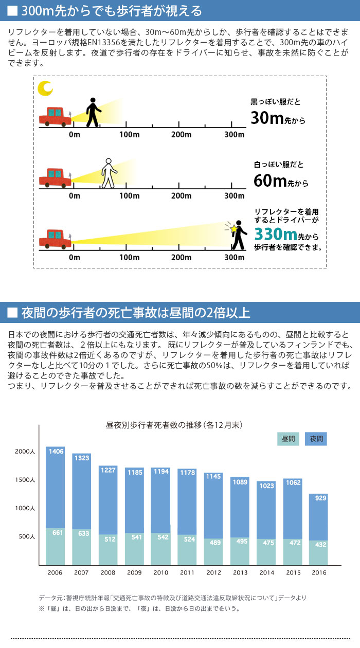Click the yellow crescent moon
click(x=45, y=89)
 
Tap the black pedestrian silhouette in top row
click(x=93, y=112)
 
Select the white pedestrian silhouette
click(x=109, y=173)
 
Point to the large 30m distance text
click(x=267, y=118)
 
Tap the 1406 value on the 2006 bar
click(x=56, y=451)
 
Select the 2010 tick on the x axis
click(x=161, y=572)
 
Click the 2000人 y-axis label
click(x=25, y=451)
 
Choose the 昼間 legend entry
click(x=289, y=439)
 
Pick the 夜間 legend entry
click(x=316, y=439)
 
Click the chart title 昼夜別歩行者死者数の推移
click(x=174, y=425)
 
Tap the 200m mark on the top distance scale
click(x=181, y=135)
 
